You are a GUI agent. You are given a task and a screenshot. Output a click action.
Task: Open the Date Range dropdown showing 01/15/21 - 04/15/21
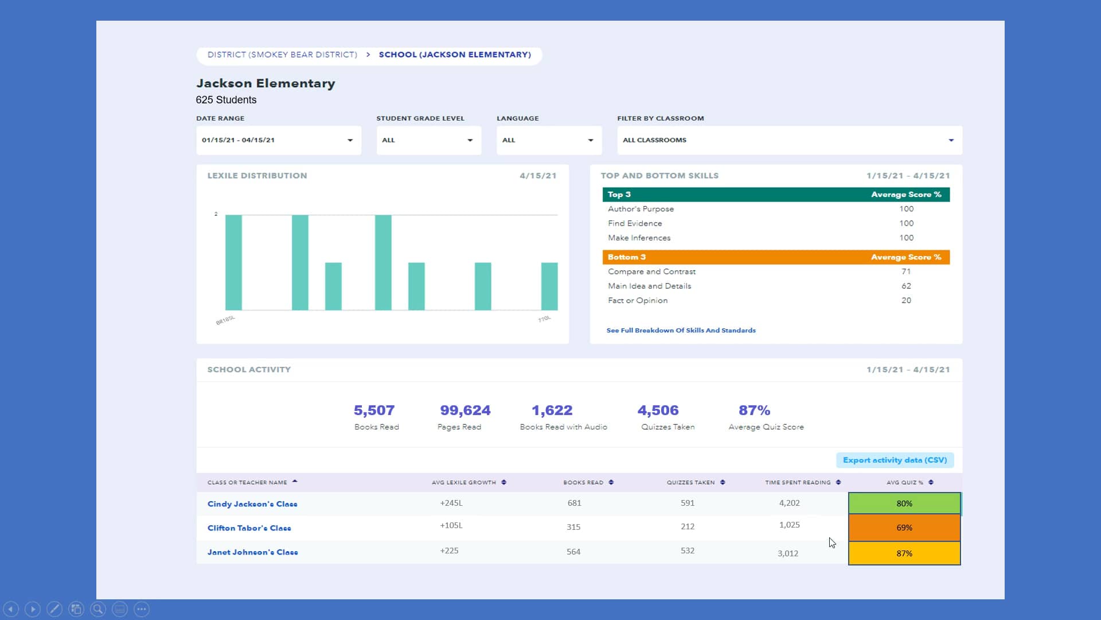click(x=278, y=140)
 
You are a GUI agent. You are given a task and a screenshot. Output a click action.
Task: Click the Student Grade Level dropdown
click(x=428, y=140)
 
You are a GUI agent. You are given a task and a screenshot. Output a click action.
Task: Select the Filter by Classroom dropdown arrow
click(x=951, y=140)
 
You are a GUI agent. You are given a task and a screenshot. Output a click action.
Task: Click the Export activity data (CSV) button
click(x=895, y=460)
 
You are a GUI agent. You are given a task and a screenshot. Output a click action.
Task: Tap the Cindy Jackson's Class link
click(x=252, y=504)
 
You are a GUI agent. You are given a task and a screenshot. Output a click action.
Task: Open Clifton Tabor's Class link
click(x=249, y=528)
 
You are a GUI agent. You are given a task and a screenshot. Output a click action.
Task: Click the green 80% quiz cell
click(x=904, y=503)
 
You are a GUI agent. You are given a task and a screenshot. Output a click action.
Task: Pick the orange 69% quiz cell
click(x=904, y=528)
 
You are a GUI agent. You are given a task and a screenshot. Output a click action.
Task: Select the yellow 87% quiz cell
click(x=904, y=553)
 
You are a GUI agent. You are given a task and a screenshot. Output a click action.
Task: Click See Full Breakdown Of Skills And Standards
click(x=681, y=331)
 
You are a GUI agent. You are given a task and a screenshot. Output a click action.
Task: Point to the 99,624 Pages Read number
click(x=464, y=410)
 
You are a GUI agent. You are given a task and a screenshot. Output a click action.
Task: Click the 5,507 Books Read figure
click(x=374, y=410)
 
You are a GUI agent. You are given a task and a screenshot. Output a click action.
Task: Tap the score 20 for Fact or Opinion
click(x=906, y=300)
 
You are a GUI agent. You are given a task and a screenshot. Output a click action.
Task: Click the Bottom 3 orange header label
click(x=626, y=257)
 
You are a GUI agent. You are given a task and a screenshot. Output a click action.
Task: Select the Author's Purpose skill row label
click(x=641, y=209)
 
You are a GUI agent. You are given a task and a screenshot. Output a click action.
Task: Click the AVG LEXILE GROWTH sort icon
click(x=503, y=482)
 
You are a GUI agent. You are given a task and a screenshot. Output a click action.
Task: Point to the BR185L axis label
click(x=225, y=320)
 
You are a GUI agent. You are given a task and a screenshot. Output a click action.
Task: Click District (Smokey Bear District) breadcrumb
click(x=282, y=55)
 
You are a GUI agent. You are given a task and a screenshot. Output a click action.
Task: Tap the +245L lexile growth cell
click(x=451, y=503)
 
